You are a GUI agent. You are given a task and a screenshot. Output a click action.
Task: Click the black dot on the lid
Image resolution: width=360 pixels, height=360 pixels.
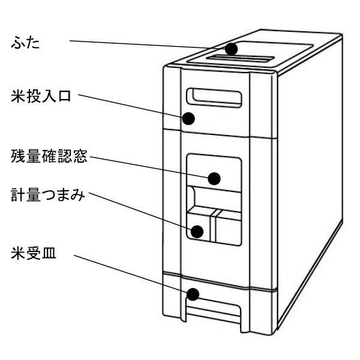232,49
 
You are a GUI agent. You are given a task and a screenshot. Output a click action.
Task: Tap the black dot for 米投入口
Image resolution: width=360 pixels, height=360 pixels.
189,118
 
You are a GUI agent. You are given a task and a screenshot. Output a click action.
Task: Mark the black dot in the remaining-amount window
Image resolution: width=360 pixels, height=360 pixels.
214,178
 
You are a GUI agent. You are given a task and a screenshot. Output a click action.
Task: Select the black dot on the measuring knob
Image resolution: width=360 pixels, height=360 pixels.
197,230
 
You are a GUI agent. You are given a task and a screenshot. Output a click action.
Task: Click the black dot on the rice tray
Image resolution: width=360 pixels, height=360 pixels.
193,295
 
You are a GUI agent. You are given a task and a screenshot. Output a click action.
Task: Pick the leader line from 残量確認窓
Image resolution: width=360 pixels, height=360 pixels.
150,168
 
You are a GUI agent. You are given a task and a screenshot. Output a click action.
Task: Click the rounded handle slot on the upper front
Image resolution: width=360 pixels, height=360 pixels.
215,96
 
